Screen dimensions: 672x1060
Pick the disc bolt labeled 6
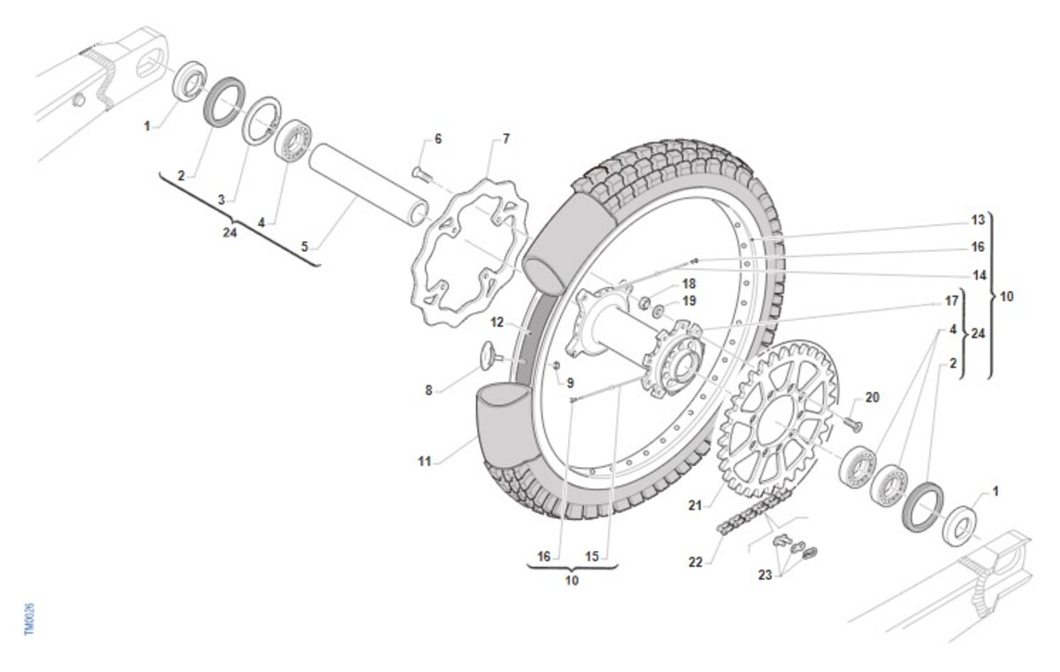click(x=420, y=173)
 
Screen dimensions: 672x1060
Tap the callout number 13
click(x=978, y=219)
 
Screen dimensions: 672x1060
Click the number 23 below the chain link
click(x=764, y=574)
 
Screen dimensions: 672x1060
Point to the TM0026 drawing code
click(x=29, y=619)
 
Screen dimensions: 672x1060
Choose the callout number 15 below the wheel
click(x=592, y=556)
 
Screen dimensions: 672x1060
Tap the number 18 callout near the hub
click(x=688, y=284)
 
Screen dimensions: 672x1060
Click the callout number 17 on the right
click(x=951, y=301)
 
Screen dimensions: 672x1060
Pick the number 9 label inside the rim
click(x=570, y=383)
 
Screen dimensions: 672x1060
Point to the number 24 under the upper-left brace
click(x=230, y=233)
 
